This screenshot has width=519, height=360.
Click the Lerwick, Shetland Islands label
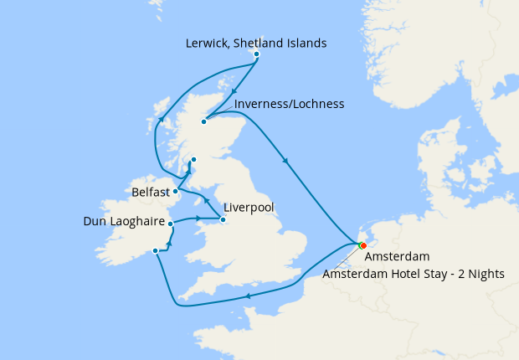(257, 43)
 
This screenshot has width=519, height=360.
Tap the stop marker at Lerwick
(256, 54)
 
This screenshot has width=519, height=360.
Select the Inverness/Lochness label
(290, 104)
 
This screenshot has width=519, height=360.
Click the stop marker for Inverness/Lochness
(203, 122)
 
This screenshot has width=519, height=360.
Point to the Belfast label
(151, 193)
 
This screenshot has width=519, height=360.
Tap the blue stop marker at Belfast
(175, 191)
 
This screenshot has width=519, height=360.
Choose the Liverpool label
(249, 208)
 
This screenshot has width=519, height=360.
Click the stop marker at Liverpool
(223, 220)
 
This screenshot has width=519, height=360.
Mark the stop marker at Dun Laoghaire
(170, 224)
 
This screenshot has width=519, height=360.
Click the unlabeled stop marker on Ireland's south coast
(156, 250)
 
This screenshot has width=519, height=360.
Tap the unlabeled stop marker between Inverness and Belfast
(193, 159)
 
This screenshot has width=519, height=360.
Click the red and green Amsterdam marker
(362, 245)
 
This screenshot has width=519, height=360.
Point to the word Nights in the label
(497, 273)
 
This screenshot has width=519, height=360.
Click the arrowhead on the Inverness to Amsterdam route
(289, 162)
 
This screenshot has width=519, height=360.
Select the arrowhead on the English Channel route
(248, 295)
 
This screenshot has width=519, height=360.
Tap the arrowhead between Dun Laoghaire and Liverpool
(198, 219)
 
